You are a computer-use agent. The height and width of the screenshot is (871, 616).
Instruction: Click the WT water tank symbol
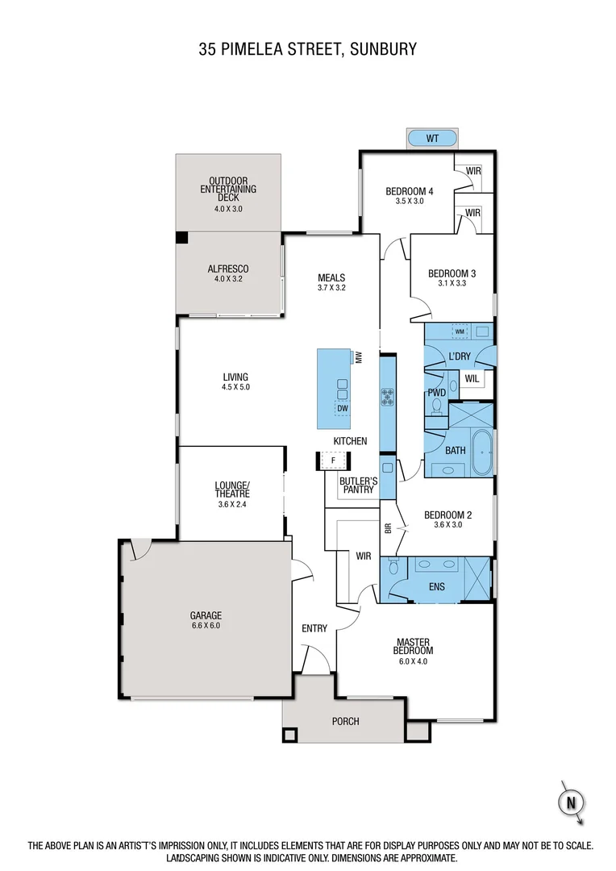(x=432, y=138)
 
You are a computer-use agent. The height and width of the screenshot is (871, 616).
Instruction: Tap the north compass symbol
(x=571, y=802)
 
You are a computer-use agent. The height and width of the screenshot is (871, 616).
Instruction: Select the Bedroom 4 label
(x=409, y=191)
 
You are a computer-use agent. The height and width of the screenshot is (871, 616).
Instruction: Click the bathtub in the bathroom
(x=481, y=452)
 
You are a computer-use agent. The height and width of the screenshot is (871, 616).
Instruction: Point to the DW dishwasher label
(x=343, y=408)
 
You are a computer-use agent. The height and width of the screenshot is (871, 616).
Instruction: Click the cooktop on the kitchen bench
(x=387, y=396)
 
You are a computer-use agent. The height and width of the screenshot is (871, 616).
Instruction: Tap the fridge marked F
(x=333, y=461)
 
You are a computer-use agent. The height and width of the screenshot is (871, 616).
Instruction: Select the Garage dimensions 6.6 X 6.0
(x=206, y=625)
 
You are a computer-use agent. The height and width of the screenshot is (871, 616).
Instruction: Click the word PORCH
(x=345, y=721)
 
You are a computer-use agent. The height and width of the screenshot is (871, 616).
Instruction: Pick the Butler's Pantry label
(x=359, y=485)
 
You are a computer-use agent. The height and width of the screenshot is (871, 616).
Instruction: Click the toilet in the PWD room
(x=437, y=406)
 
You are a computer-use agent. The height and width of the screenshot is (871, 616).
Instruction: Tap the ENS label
(x=437, y=587)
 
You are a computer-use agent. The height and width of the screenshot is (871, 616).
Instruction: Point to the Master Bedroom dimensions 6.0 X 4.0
(x=414, y=661)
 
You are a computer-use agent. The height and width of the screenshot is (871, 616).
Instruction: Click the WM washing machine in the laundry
(x=460, y=331)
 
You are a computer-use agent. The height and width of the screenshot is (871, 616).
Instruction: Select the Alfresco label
(x=228, y=269)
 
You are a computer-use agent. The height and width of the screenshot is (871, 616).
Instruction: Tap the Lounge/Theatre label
(x=232, y=490)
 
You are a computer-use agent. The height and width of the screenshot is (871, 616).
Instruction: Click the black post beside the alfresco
(x=182, y=238)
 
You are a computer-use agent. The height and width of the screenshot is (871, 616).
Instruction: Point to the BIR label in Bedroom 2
(x=388, y=529)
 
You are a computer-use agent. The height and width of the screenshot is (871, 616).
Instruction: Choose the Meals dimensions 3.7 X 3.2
(x=331, y=288)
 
